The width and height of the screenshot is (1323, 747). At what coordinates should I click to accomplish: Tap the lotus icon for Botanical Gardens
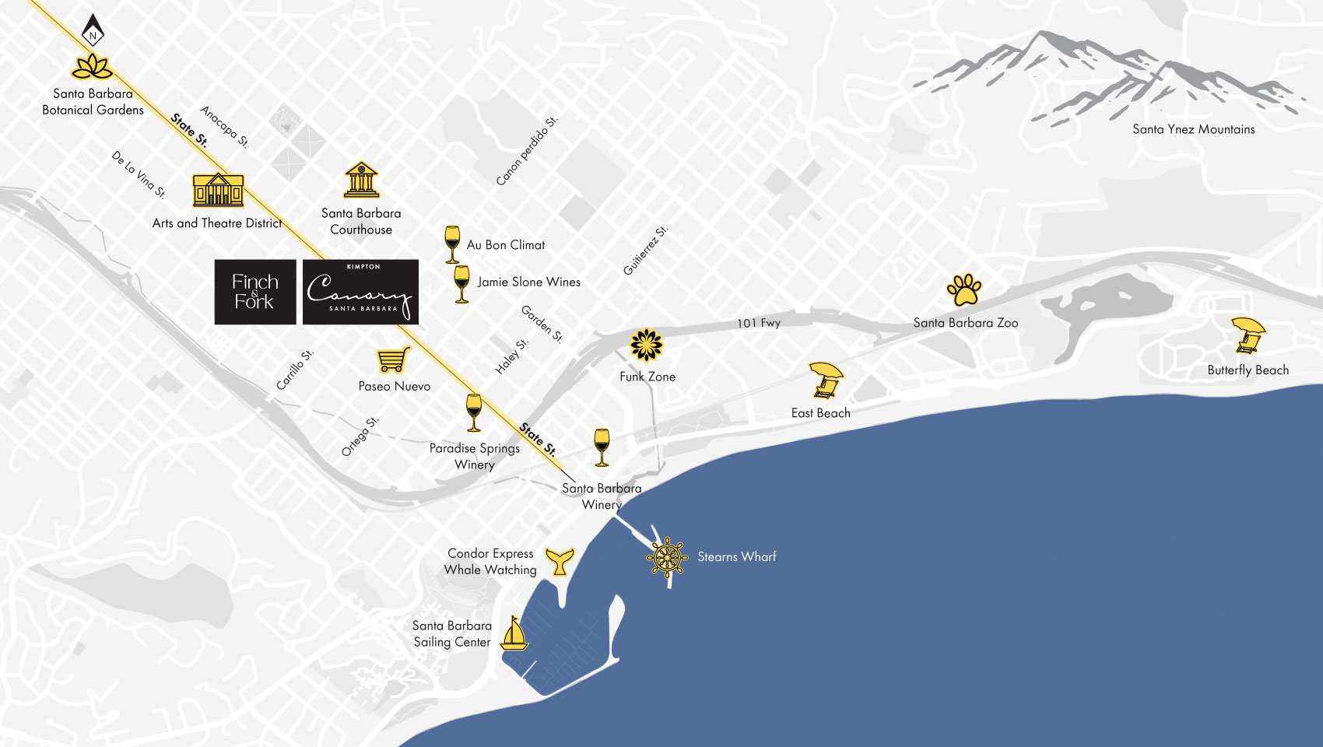[93, 68]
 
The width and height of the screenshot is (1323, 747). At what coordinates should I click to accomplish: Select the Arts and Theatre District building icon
[218, 189]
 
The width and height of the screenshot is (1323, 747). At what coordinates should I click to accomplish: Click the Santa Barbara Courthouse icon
[361, 180]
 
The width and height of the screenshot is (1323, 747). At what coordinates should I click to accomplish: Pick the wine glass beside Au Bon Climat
[452, 244]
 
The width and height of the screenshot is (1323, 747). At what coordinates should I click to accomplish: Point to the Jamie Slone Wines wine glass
[461, 283]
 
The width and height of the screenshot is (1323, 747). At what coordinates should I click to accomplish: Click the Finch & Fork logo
[255, 292]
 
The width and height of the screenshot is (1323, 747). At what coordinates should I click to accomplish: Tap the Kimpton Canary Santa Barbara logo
[360, 292]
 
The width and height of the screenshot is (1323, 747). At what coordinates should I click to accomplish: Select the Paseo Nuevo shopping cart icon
[394, 359]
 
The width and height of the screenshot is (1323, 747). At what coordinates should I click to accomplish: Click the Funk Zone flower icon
[646, 345]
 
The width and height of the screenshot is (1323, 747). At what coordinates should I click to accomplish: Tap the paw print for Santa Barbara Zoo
[964, 290]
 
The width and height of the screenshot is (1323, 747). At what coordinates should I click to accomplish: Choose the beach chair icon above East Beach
[825, 380]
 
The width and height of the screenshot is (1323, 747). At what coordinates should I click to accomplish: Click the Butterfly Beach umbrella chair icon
[1248, 335]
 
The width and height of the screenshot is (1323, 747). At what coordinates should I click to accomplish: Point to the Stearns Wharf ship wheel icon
[668, 557]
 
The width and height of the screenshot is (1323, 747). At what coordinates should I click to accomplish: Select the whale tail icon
[560, 560]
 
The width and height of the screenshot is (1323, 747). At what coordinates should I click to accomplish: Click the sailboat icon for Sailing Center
[514, 633]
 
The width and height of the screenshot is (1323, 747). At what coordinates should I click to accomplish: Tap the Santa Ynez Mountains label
[1193, 129]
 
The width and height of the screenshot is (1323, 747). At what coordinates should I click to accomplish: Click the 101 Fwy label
[759, 323]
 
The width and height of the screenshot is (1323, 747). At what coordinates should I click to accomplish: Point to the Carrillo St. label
[295, 370]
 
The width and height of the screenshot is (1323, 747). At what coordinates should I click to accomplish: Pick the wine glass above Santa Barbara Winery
[602, 447]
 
